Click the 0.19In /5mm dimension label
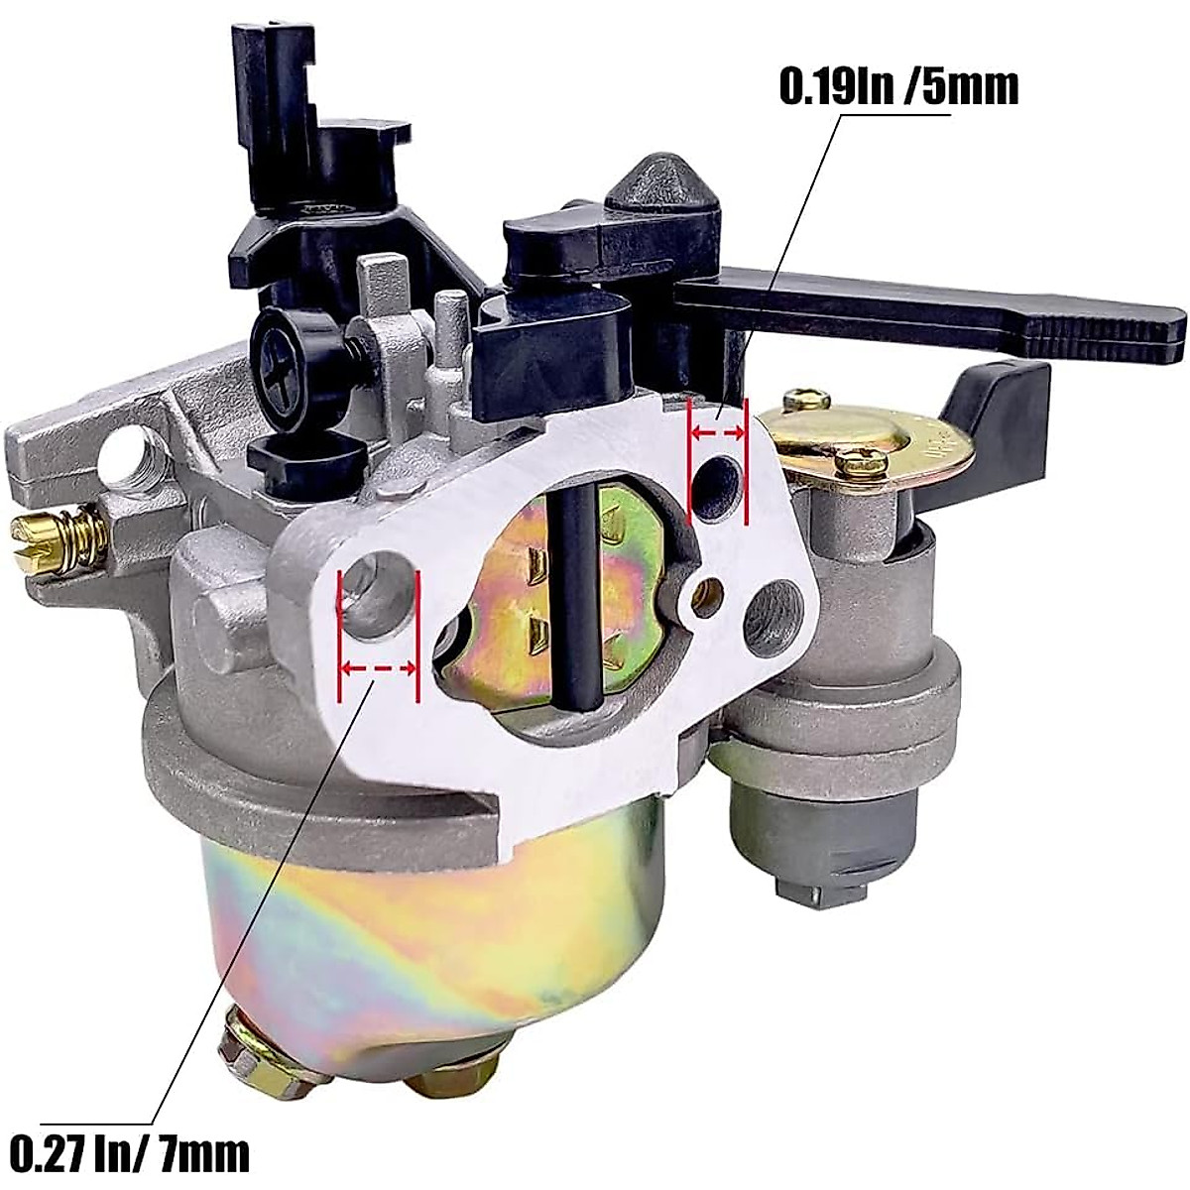click(898, 86)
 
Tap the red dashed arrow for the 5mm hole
click(717, 432)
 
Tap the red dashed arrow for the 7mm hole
click(378, 669)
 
